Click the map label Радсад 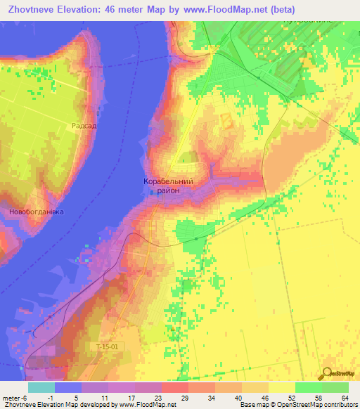click(x=83, y=125)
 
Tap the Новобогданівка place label click(x=36, y=211)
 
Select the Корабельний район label click(x=168, y=186)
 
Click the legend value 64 click(x=344, y=397)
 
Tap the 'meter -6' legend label click(x=15, y=397)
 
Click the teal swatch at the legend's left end click(x=41, y=387)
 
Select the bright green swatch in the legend click(x=308, y=387)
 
